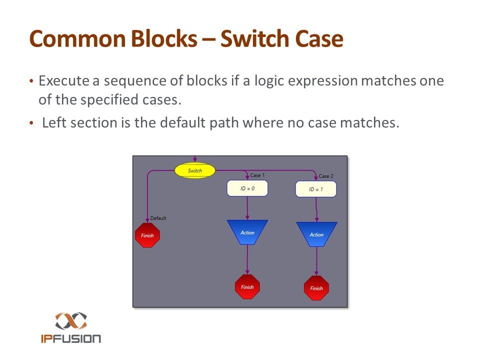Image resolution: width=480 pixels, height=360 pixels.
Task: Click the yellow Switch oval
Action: [x=195, y=170]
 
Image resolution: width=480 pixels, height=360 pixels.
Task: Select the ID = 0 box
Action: [x=247, y=188]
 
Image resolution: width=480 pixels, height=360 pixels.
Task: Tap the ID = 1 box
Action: [x=316, y=189]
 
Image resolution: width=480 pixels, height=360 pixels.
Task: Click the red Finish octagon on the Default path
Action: [x=147, y=235]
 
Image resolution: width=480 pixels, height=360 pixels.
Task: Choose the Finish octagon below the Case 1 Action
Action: [x=247, y=287]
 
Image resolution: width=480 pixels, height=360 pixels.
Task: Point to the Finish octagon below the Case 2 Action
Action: [x=316, y=288]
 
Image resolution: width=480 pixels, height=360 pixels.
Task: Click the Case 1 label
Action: [x=257, y=175]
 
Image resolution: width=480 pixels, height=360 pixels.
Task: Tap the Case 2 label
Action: [x=326, y=176]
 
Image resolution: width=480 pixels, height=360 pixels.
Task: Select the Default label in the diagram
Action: [x=158, y=218]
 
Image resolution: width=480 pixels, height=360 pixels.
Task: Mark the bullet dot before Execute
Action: [x=31, y=81]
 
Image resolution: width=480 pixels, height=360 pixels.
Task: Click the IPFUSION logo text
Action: [x=71, y=338]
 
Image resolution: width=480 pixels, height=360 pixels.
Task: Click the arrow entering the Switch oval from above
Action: [x=195, y=159]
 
